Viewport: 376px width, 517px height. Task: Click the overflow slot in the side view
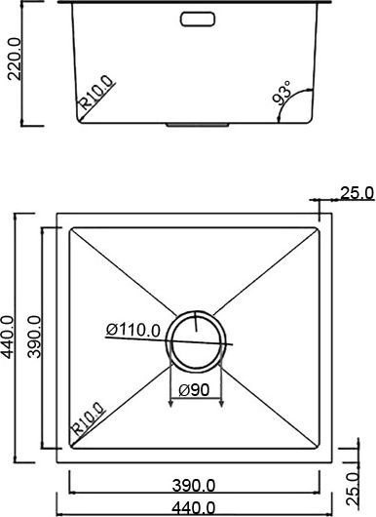pos(199,17)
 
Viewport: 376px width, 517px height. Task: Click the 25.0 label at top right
pos(356,193)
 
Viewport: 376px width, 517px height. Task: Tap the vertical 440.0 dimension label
pos(9,338)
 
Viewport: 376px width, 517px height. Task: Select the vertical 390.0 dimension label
pos(35,338)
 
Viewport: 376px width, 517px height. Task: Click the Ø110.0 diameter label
pos(133,330)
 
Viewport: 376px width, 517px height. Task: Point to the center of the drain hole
pos(198,338)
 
